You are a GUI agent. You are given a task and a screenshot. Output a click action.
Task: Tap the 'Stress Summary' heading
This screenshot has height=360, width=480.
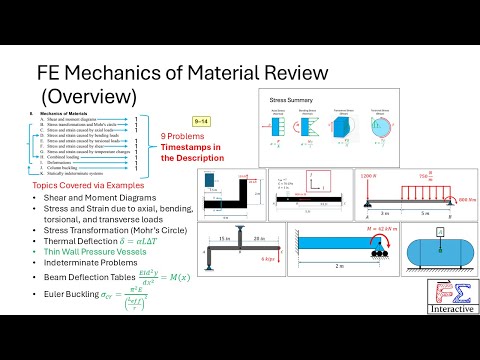290,101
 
